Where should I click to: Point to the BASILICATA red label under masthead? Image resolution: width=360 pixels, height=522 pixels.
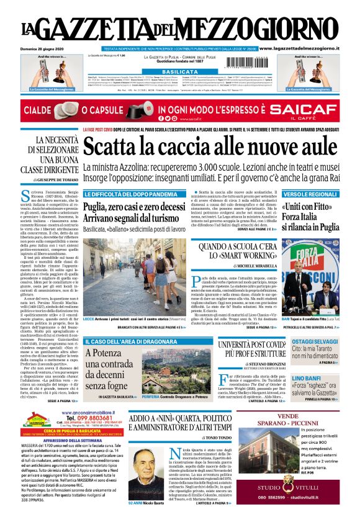(x=179, y=73)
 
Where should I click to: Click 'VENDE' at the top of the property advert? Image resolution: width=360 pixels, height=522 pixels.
(x=313, y=415)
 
